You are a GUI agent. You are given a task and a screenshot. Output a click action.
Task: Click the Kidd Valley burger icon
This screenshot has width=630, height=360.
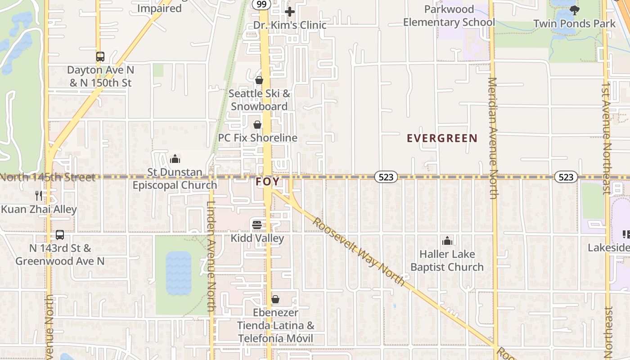coord(257,225)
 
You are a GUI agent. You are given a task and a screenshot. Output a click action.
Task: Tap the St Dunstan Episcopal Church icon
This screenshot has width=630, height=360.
coord(175,159)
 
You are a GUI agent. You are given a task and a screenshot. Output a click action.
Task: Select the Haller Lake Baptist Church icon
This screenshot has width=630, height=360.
coord(447,241)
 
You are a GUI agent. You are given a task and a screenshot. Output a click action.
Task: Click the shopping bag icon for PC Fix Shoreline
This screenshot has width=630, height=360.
coord(257,125)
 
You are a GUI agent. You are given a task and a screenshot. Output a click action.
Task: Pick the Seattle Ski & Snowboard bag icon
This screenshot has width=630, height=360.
coord(259,80)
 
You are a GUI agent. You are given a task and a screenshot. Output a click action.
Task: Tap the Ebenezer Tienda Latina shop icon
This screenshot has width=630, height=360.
coord(275,299)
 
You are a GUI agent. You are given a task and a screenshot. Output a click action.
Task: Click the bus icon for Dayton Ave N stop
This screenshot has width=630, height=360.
coord(100,57)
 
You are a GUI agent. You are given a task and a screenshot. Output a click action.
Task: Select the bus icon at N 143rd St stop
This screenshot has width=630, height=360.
coord(60,235)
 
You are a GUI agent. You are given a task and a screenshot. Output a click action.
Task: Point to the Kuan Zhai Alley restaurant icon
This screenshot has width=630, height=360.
coord(39,196)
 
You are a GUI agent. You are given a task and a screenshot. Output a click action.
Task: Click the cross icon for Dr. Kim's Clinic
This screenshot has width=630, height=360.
coord(290,12)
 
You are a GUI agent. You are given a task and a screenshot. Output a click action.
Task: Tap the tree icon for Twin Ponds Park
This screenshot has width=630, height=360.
coord(574,10)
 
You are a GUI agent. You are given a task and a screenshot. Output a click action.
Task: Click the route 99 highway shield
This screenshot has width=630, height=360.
coord(261,4)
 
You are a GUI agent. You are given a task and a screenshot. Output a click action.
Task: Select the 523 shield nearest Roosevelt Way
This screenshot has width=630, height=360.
coord(386,177)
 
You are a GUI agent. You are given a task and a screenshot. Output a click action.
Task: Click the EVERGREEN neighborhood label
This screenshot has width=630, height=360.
coord(442,138)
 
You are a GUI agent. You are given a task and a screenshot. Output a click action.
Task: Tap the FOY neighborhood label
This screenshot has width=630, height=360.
coord(268,182)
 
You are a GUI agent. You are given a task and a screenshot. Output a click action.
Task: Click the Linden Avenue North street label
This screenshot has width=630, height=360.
coord(211,256)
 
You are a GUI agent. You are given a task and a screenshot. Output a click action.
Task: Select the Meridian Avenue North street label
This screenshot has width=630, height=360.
coord(493,138)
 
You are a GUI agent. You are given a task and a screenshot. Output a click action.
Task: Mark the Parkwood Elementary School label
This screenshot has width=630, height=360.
coord(449,16)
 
